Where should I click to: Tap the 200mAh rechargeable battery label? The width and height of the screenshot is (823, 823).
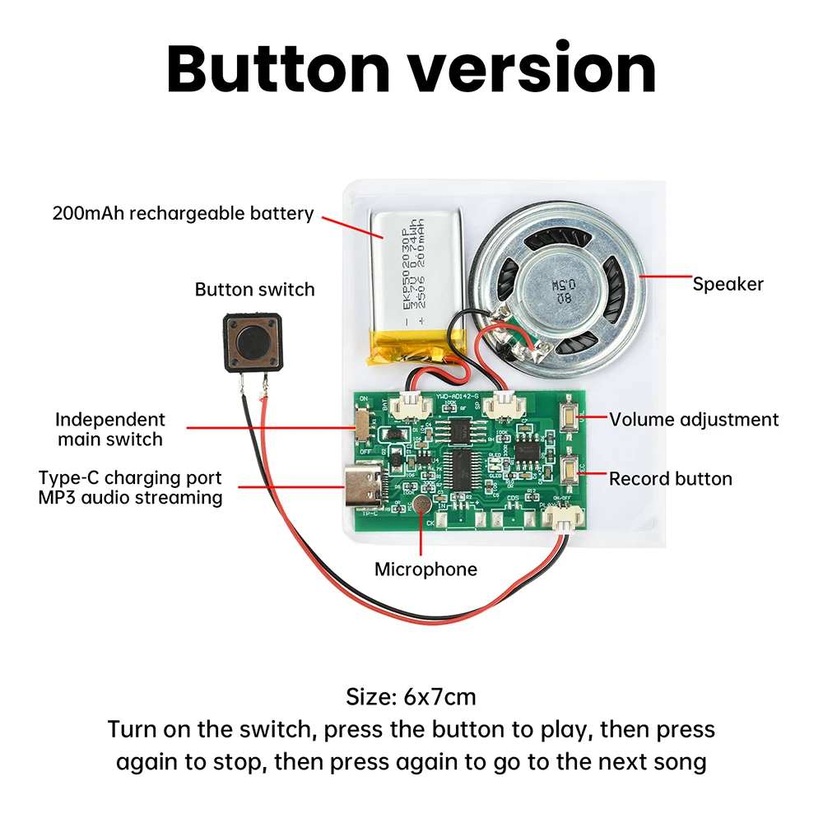(x=183, y=214)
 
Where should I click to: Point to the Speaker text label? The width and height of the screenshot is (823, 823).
(x=728, y=285)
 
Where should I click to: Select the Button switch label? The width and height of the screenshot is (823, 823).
(x=254, y=290)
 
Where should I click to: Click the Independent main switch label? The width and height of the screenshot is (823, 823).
(x=110, y=429)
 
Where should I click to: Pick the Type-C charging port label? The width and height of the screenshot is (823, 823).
(x=130, y=478)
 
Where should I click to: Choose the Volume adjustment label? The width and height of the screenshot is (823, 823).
(x=693, y=420)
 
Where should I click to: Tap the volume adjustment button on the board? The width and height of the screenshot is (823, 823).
(x=568, y=417)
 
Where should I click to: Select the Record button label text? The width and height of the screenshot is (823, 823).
(x=670, y=479)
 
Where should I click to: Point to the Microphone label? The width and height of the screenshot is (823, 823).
(x=425, y=570)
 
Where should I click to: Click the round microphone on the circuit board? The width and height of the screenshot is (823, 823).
(x=421, y=504)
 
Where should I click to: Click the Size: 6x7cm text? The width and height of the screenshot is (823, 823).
(x=411, y=697)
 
